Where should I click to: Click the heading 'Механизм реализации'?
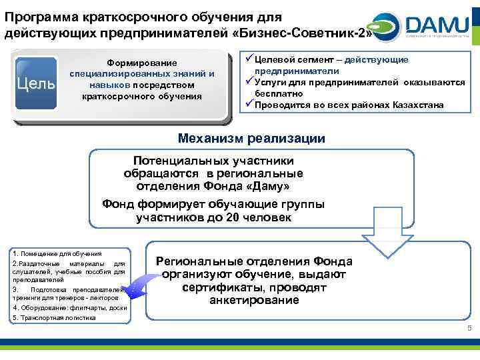(x=251, y=139)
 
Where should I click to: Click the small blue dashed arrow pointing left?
(x=136, y=288)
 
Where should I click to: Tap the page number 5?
(x=469, y=329)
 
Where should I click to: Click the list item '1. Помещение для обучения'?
(x=57, y=254)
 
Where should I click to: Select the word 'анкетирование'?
(x=254, y=300)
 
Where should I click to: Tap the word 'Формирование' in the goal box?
(x=141, y=63)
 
